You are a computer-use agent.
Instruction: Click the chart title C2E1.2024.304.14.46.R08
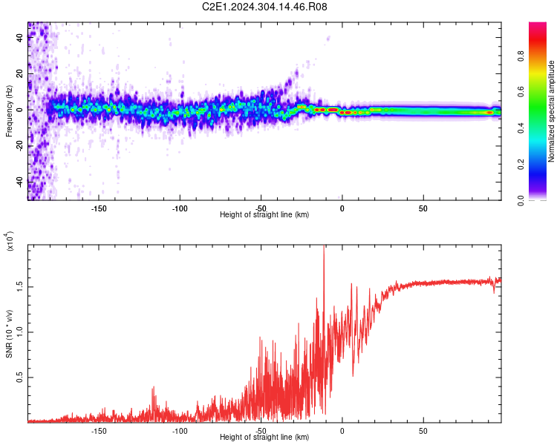tap(264, 7)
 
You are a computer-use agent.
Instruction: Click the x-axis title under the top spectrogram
tap(264, 214)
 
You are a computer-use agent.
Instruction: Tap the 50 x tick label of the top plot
tap(423, 208)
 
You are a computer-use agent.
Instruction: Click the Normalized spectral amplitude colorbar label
tap(552, 111)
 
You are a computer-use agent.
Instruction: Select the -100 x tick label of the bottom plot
tap(180, 430)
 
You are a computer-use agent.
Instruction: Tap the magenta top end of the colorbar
tap(538, 27)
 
